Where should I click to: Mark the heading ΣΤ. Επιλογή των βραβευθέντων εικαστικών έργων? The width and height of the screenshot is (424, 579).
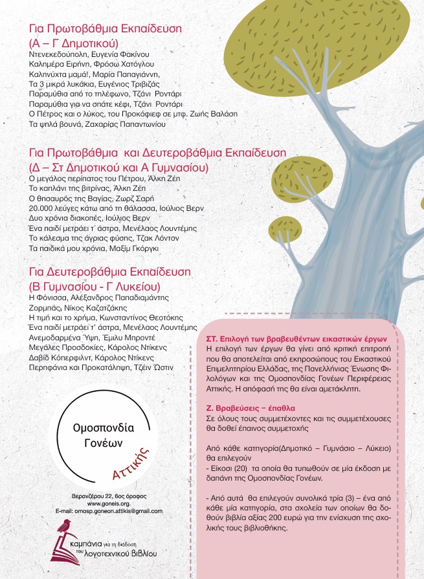click(x=291, y=339)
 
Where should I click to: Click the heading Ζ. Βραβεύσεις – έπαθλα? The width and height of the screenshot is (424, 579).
click(x=245, y=409)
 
